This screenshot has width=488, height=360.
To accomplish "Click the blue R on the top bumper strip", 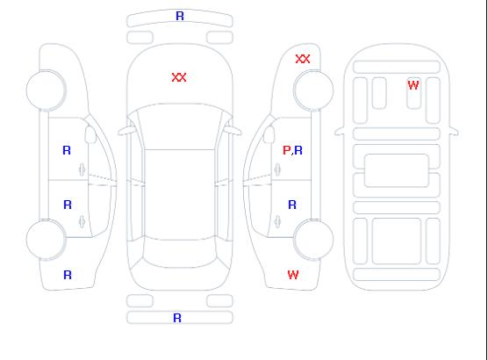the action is click(x=180, y=16).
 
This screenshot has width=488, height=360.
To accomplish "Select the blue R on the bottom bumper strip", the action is click(x=177, y=318).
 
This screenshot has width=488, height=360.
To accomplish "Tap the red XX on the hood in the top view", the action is click(x=179, y=77).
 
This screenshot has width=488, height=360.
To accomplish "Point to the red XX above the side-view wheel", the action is click(x=303, y=59).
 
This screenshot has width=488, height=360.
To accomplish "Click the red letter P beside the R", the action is click(x=286, y=150).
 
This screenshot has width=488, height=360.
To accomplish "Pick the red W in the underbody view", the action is click(x=413, y=84).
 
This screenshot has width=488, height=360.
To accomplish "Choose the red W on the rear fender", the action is click(x=293, y=275).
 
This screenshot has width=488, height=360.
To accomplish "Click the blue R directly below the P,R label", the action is click(x=292, y=205).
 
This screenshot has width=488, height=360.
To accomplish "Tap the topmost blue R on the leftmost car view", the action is click(x=67, y=150).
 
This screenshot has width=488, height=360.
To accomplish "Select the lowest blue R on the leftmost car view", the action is click(x=68, y=275).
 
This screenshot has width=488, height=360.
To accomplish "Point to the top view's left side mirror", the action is click(x=126, y=131).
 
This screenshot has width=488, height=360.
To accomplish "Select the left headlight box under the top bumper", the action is click(x=140, y=38).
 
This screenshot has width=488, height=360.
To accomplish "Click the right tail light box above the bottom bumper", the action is click(x=219, y=301).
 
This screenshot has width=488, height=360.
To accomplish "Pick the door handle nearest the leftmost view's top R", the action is click(x=82, y=169).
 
